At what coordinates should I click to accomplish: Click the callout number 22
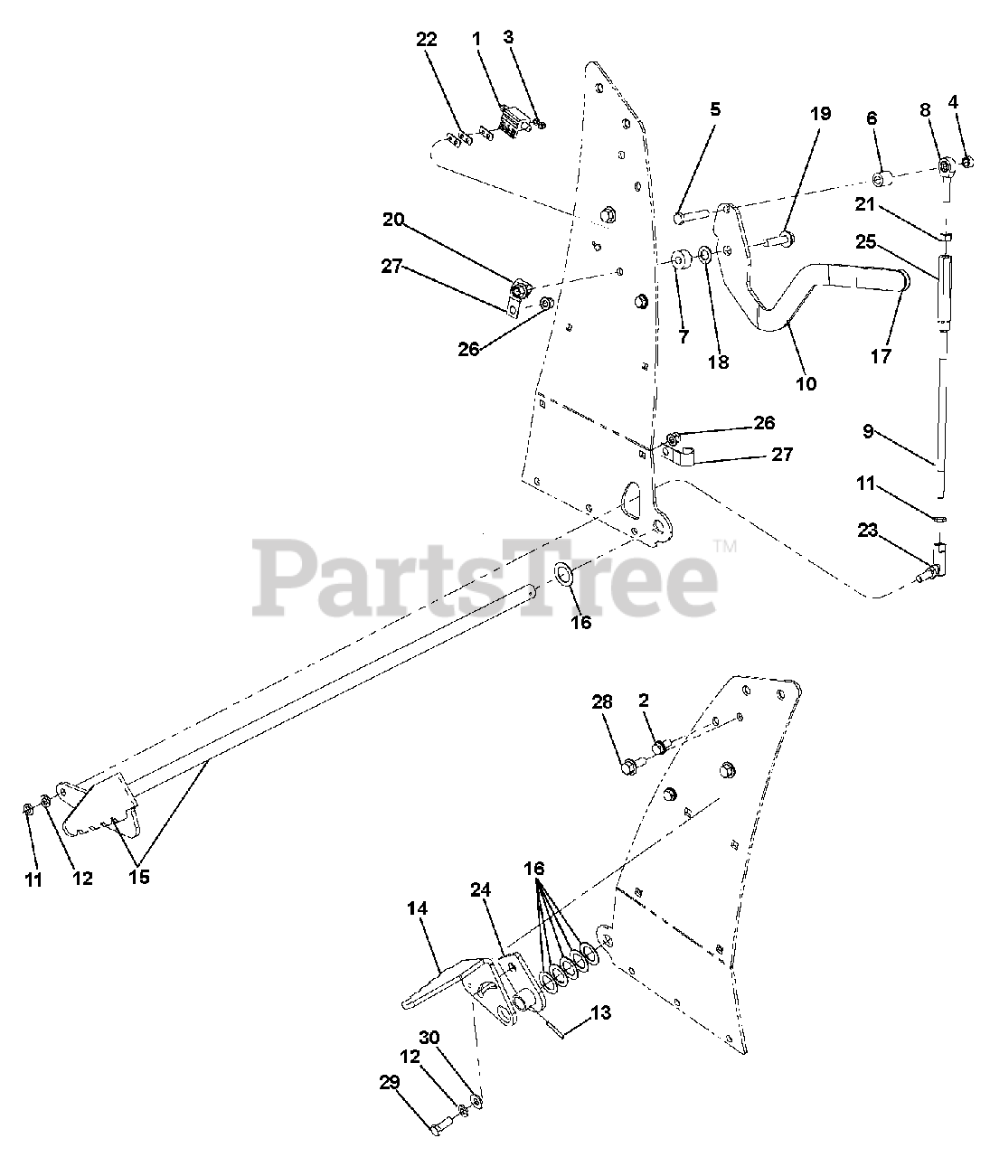(x=426, y=39)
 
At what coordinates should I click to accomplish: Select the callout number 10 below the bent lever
(x=806, y=383)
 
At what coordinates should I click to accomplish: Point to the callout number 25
(x=865, y=242)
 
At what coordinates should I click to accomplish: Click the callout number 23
(x=867, y=531)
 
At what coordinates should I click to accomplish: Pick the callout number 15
(x=139, y=876)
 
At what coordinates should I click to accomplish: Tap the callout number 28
(x=602, y=701)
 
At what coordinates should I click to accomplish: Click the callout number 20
(x=392, y=219)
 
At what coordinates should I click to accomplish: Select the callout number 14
(x=419, y=908)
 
